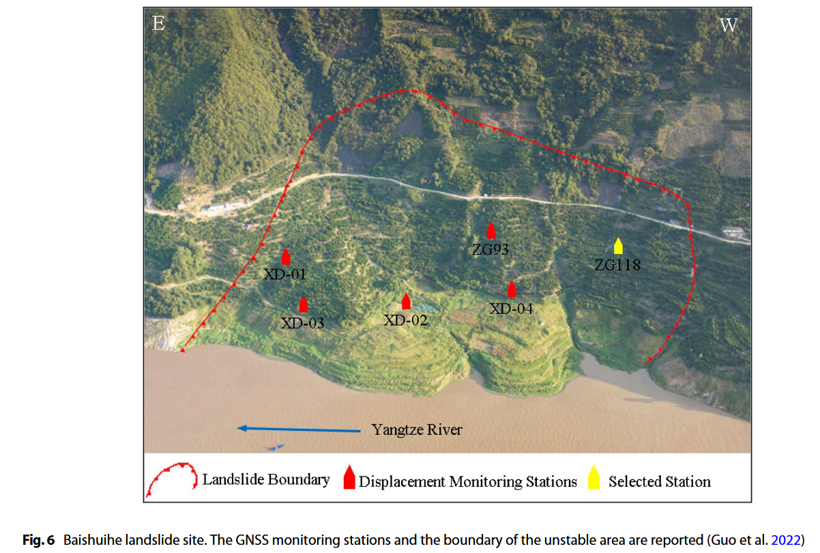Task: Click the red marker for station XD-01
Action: pos(286,256)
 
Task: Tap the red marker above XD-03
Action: pos(304,304)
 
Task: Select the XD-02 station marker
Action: pos(406,301)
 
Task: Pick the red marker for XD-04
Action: pos(512,289)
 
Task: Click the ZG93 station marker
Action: pos(490,231)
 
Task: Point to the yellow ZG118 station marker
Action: pos(618,246)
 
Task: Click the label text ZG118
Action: pos(617,265)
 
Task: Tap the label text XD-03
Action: pos(302,323)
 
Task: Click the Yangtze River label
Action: pos(416,429)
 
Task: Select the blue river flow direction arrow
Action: pos(298,429)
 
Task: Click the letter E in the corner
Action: pos(158,24)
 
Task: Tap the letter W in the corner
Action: pos(729,25)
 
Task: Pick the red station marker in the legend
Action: pos(349,478)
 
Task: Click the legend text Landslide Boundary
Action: pos(266,479)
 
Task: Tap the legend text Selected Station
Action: pos(660,481)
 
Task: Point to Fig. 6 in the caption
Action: pos(38,540)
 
